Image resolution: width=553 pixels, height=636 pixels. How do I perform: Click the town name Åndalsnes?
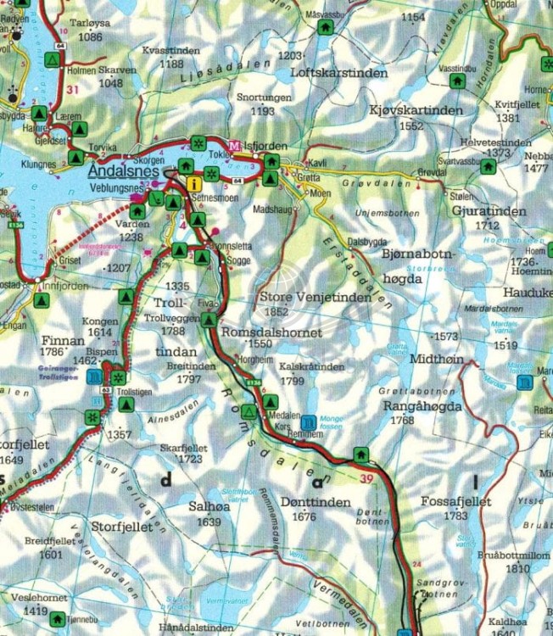126,169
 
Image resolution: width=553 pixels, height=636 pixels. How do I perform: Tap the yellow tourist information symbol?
195,182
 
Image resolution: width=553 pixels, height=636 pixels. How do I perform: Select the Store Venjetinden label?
315,298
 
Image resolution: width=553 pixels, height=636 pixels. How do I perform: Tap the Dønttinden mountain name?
315,503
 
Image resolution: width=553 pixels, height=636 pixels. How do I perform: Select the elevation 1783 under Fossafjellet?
456,516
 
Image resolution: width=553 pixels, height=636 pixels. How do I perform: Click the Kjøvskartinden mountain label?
416,111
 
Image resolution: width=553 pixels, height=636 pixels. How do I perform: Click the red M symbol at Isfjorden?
235,144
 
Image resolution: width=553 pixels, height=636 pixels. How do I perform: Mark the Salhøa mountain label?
208,506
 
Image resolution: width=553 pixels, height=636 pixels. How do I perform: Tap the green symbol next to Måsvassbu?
324,26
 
